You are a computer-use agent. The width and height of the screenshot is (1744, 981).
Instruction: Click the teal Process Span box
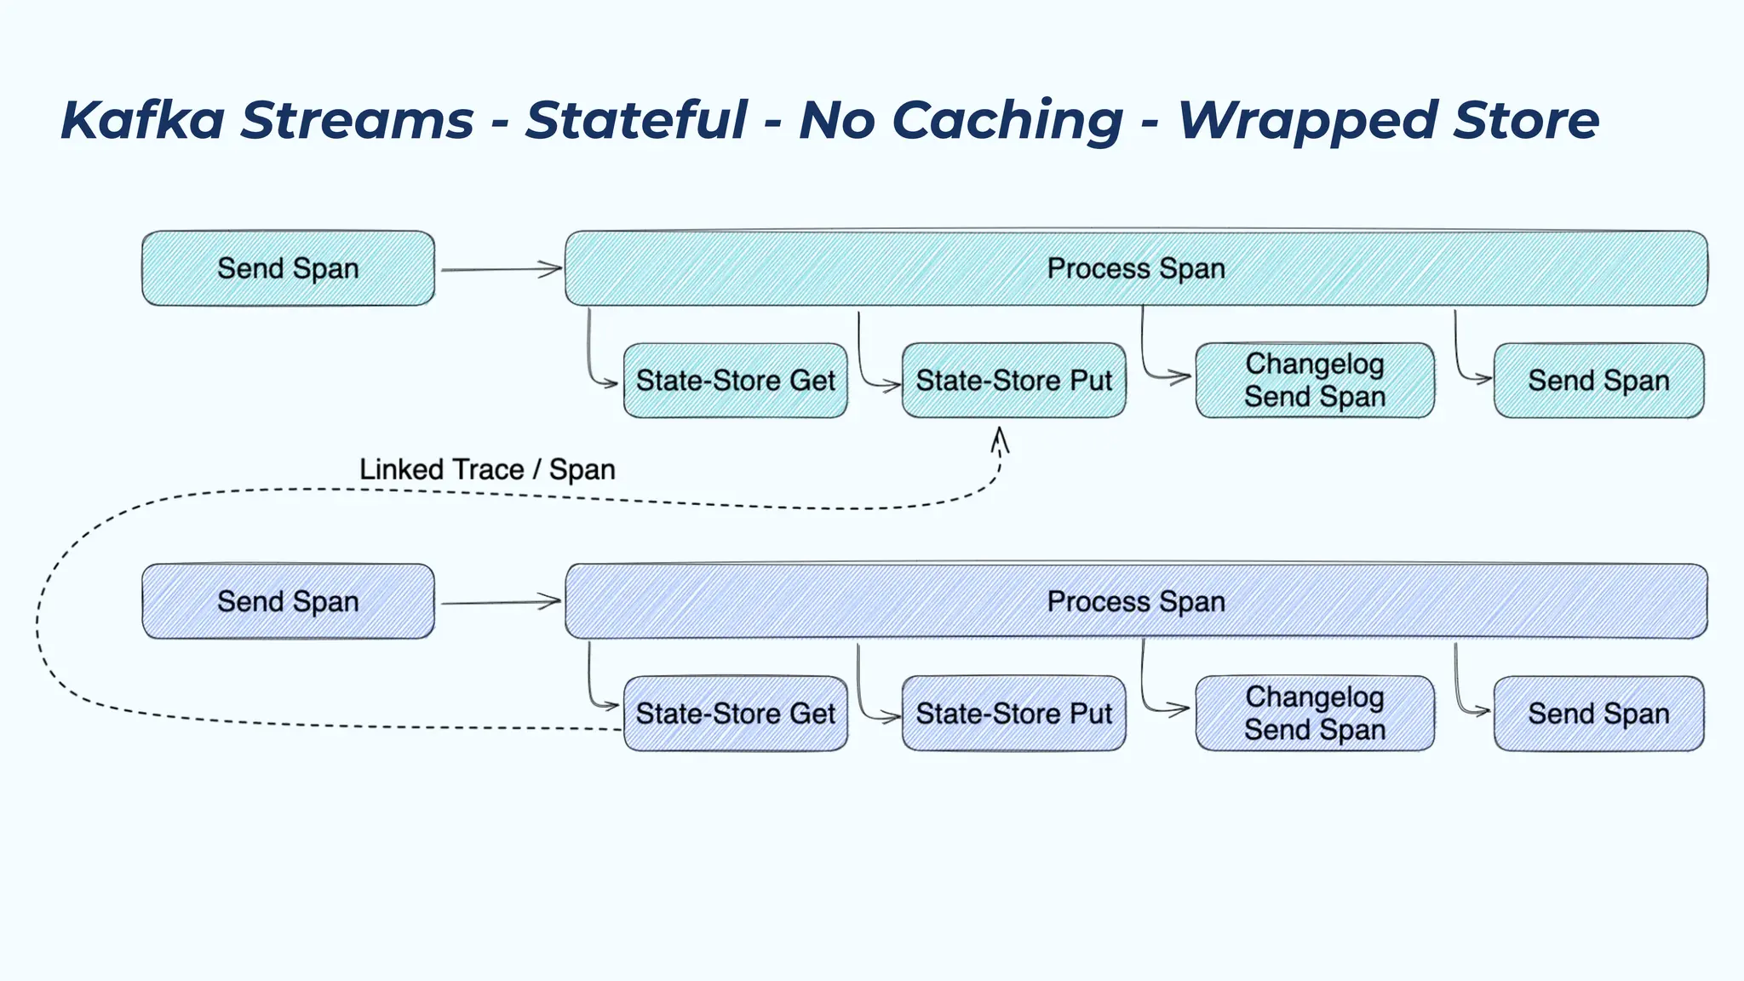[x=1136, y=268]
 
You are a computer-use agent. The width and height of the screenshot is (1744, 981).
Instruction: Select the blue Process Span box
[x=1136, y=601]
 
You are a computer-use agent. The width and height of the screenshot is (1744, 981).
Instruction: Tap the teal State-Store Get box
[x=735, y=381]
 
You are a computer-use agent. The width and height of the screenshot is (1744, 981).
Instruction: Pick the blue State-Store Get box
[x=735, y=714]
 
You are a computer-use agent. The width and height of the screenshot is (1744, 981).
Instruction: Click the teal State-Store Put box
[x=1013, y=381]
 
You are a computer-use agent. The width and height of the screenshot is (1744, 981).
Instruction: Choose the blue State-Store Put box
[x=1013, y=714]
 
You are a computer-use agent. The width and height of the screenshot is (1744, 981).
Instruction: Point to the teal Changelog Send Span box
[x=1315, y=381]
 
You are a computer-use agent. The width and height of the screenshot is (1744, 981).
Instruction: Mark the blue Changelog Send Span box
[x=1315, y=714]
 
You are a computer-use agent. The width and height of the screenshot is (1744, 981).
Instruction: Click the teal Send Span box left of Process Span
[x=288, y=268]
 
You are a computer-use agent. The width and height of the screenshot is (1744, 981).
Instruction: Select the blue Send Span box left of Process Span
[x=288, y=601]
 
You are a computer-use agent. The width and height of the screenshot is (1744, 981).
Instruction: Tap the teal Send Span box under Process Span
[x=1598, y=381]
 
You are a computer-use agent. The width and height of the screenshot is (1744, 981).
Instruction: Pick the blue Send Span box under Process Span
[x=1598, y=714]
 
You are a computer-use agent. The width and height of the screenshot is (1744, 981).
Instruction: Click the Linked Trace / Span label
[x=487, y=469]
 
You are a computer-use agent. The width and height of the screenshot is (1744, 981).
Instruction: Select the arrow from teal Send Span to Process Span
[x=501, y=270]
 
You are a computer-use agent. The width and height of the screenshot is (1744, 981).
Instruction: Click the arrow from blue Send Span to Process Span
[x=501, y=603]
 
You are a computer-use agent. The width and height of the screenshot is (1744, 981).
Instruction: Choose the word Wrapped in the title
[x=1307, y=121]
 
